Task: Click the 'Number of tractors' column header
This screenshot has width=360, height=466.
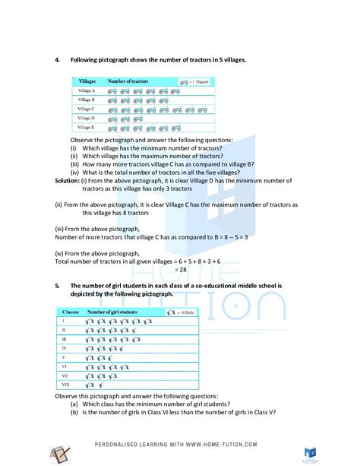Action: click(x=128, y=80)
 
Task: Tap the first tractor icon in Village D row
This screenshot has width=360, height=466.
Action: click(x=112, y=119)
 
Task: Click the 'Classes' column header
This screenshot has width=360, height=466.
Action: click(x=70, y=312)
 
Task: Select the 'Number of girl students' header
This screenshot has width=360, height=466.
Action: click(x=115, y=312)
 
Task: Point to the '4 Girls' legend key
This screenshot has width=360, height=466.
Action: click(x=182, y=312)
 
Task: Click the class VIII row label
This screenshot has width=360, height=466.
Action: click(x=65, y=385)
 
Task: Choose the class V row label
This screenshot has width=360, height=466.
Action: click(x=65, y=356)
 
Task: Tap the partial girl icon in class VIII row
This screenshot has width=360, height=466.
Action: click(x=102, y=385)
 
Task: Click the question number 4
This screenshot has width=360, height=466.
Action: click(x=57, y=59)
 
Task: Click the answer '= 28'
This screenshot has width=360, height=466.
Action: click(x=181, y=269)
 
